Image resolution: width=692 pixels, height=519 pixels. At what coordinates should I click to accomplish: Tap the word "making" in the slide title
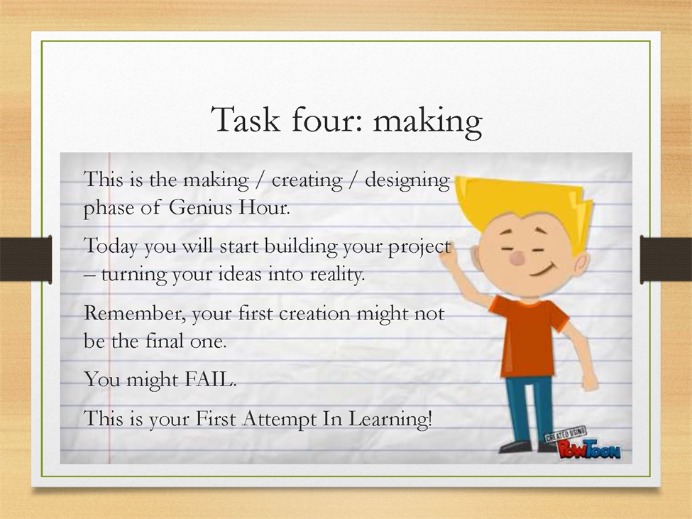(x=428, y=123)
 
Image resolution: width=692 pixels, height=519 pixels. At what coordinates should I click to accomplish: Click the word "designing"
(x=407, y=181)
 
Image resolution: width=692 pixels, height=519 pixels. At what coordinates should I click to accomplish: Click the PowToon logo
(x=583, y=444)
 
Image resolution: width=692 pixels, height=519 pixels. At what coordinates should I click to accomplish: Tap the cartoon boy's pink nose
(x=517, y=259)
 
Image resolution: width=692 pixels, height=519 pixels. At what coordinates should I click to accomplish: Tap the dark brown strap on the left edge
(x=26, y=259)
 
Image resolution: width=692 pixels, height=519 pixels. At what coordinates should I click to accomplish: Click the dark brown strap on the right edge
(x=666, y=259)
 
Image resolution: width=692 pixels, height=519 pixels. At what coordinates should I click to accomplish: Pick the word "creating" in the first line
(x=307, y=181)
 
